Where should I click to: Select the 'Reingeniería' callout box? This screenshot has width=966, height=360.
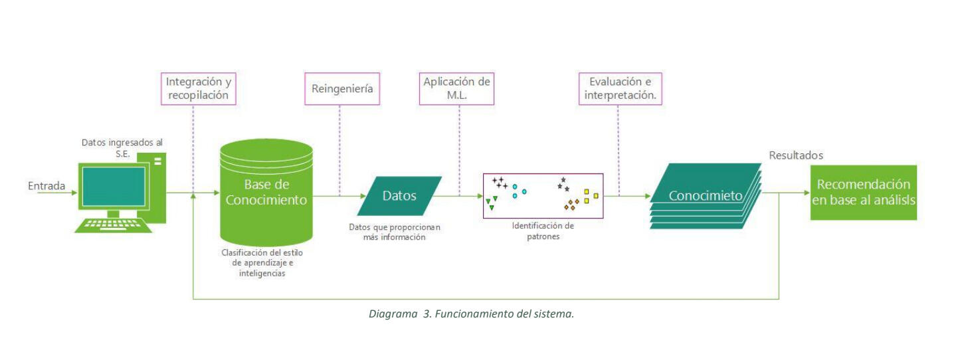pos(341,89)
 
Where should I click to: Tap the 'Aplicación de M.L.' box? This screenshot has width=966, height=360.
pos(457,89)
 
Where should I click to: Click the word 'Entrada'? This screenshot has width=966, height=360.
pos(47,186)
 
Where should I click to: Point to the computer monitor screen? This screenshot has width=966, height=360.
pos(114,186)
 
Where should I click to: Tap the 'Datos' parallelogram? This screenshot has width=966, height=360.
pos(399,196)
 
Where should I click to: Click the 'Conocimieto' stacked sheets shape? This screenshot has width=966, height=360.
pos(705,196)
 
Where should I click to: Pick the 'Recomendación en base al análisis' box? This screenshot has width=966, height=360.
pos(863,193)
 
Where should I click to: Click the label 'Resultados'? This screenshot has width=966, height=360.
pos(796,155)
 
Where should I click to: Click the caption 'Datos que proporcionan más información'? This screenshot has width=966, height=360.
pos(395,232)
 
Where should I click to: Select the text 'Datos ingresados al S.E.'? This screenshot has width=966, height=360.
pos(122,147)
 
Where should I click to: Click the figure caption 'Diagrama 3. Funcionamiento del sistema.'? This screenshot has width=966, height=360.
pos(471,314)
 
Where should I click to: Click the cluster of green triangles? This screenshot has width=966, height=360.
pos(492,202)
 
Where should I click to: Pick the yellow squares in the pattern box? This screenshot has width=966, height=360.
pos(591,195)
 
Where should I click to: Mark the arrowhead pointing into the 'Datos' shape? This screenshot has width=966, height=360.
pos(364,196)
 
